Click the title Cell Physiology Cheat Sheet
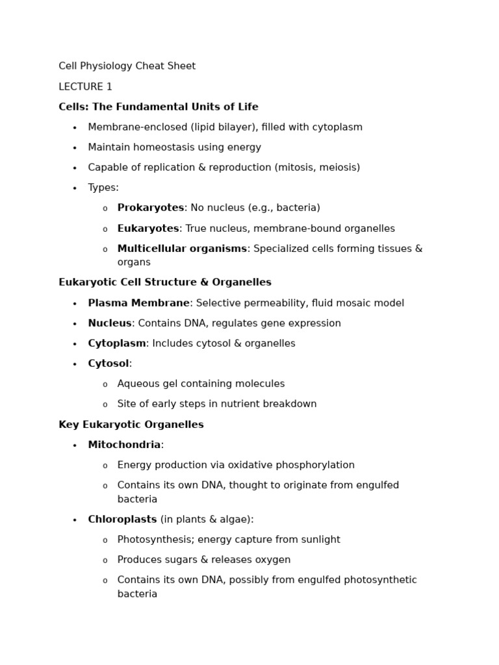pos(127,66)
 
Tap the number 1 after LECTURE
pos(109,87)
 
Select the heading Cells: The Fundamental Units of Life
pos(159,107)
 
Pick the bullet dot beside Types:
pos(75,188)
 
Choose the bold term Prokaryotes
pos(151,208)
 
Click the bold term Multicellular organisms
pos(182,249)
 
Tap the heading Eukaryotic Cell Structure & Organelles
pos(165,282)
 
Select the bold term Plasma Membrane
pos(139,303)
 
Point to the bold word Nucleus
pos(110,323)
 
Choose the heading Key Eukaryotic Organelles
pos(131,425)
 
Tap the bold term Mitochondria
pos(124,445)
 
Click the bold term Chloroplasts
pos(122,520)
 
